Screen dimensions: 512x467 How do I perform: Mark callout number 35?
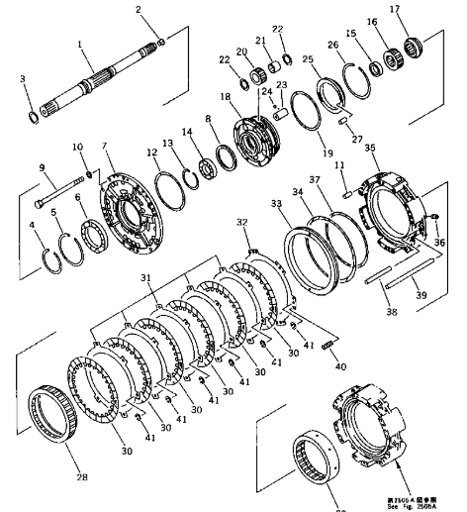click(371, 148)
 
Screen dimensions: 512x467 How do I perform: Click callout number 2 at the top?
click(139, 10)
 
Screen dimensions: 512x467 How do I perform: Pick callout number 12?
click(152, 154)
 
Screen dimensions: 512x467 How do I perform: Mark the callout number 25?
click(309, 59)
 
